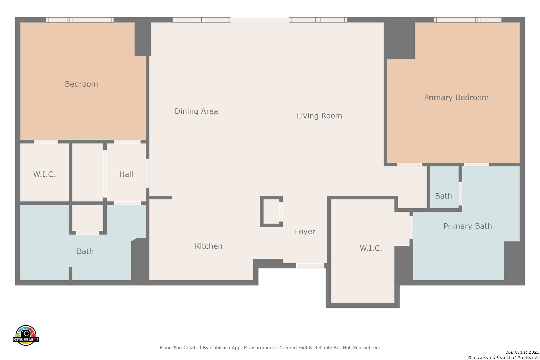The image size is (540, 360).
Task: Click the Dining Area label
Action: click(196, 111)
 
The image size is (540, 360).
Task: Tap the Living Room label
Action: click(319, 116)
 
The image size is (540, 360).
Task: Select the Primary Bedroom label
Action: click(456, 97)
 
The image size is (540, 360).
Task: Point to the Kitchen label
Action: click(209, 246)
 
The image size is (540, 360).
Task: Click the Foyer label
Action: click(305, 231)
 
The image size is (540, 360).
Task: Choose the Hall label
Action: click(126, 174)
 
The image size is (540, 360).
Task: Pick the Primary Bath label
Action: click(468, 226)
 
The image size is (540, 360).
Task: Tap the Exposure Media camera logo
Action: click(26, 335)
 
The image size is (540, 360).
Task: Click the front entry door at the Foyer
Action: click(310, 265)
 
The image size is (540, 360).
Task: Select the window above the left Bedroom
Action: click(80, 20)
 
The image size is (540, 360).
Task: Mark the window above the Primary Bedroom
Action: click(468, 20)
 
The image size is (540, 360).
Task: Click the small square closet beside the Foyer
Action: click(271, 211)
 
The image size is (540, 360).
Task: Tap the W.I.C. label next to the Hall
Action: click(44, 174)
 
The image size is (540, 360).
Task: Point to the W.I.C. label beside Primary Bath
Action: click(371, 248)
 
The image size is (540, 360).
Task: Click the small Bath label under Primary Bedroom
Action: click(443, 196)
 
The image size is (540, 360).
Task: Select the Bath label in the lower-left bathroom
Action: click(85, 251)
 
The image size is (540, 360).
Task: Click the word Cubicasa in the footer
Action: click(220, 347)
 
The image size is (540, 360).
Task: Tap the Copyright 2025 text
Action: click(522, 352)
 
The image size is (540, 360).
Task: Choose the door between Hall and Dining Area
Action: click(147, 174)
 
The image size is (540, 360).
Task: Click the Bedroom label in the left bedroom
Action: click(81, 84)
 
